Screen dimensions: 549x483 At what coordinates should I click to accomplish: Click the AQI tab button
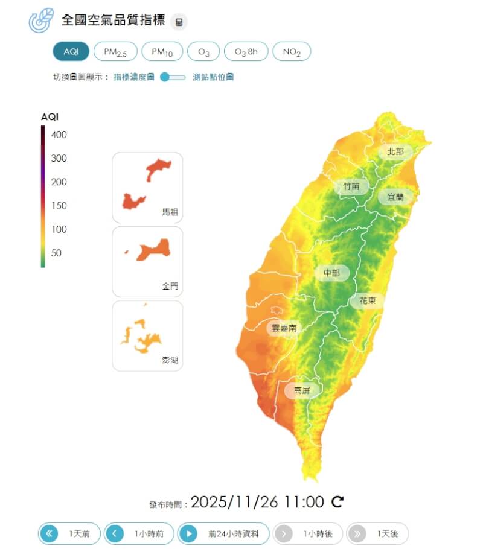click(x=71, y=52)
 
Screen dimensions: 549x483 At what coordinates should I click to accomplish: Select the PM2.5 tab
click(x=115, y=52)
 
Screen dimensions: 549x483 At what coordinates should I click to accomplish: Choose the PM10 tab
click(x=162, y=52)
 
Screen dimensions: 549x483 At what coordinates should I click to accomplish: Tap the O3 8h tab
click(x=246, y=52)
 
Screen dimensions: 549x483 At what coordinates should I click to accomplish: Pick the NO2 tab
click(x=292, y=52)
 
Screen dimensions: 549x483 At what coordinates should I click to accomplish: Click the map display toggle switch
click(x=173, y=77)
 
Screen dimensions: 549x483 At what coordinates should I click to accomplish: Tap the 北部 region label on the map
click(x=395, y=152)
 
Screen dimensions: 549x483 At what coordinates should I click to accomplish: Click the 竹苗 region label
click(x=351, y=186)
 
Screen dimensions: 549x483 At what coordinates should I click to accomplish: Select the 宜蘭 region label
click(x=395, y=197)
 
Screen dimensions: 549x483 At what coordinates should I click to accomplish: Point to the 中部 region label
click(x=331, y=273)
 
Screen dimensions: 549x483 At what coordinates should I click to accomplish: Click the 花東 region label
click(x=368, y=300)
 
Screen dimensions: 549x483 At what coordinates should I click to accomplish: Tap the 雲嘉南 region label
click(x=284, y=328)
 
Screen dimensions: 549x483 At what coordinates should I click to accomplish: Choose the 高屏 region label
click(x=302, y=390)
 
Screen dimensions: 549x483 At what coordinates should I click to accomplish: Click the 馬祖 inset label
click(x=170, y=212)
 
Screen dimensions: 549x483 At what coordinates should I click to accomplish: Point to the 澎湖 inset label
click(x=170, y=360)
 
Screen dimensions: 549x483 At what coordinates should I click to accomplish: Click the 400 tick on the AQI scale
click(x=59, y=135)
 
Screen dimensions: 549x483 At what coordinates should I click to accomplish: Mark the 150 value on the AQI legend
click(x=59, y=206)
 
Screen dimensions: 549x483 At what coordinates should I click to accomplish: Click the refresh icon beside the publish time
click(x=338, y=501)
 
